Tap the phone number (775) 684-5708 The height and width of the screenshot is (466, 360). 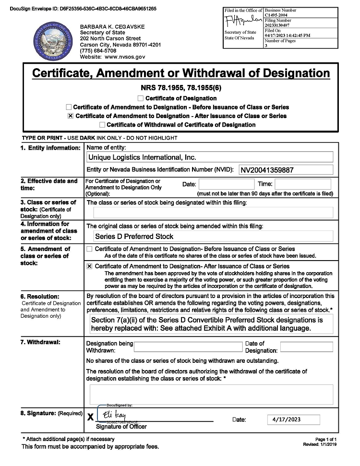(98, 50)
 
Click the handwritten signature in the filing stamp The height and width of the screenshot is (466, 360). (243, 21)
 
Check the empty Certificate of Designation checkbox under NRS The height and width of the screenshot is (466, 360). (141, 98)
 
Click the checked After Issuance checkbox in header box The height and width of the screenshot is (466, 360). (70, 116)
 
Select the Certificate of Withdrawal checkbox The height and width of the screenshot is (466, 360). (102, 125)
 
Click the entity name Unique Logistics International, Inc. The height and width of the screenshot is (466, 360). (143, 157)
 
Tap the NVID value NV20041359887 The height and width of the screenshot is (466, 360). (267, 170)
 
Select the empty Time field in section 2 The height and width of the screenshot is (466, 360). (302, 184)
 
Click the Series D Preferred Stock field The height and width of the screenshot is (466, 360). (134, 236)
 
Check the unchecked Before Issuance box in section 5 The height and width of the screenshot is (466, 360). (89, 249)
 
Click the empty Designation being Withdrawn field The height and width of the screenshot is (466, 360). (188, 347)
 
